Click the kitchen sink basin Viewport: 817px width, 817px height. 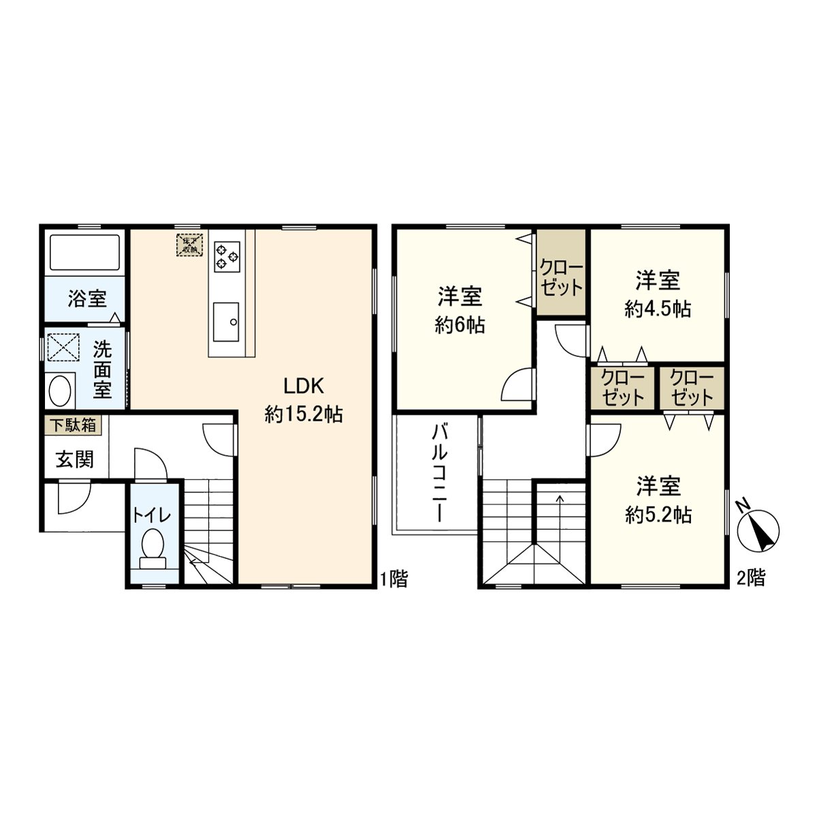[x=226, y=321]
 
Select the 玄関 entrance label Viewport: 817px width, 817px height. [x=74, y=460]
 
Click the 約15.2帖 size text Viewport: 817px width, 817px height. [x=304, y=414]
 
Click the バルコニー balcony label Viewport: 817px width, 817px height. [x=439, y=472]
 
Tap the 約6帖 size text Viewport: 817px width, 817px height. [x=460, y=325]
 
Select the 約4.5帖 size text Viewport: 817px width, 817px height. [x=658, y=309]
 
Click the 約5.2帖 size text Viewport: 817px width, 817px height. [x=658, y=515]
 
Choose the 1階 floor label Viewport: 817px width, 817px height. [x=394, y=579]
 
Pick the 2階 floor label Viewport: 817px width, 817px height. [x=751, y=579]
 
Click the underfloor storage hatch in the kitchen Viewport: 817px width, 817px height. [x=189, y=245]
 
